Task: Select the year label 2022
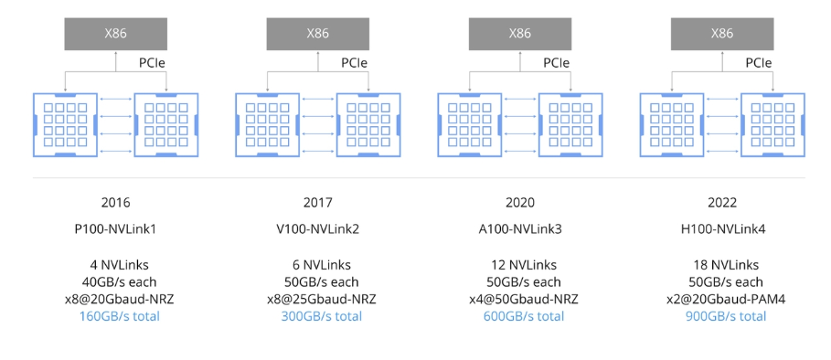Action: pos(722,203)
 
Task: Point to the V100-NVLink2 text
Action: pos(317,228)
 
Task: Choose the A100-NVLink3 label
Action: pos(520,228)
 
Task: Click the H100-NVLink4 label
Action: pos(722,228)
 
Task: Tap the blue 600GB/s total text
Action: pos(520,316)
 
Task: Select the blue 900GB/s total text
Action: pos(722,316)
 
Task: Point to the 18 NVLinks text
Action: pos(722,265)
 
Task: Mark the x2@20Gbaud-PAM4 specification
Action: pos(722,299)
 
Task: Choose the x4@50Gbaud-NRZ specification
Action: pos(520,299)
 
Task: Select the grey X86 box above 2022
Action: pos(722,34)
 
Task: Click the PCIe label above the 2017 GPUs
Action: pos(355,63)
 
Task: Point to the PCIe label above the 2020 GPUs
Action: pos(558,63)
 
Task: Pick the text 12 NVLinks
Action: pos(520,265)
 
